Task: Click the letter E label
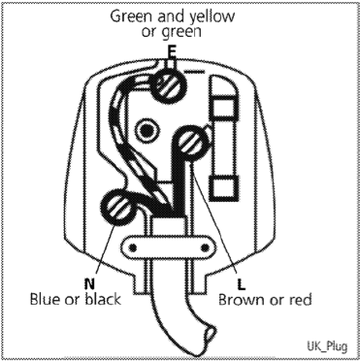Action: click(172, 49)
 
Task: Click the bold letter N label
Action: click(88, 283)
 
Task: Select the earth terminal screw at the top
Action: click(171, 85)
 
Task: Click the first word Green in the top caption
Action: click(132, 16)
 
